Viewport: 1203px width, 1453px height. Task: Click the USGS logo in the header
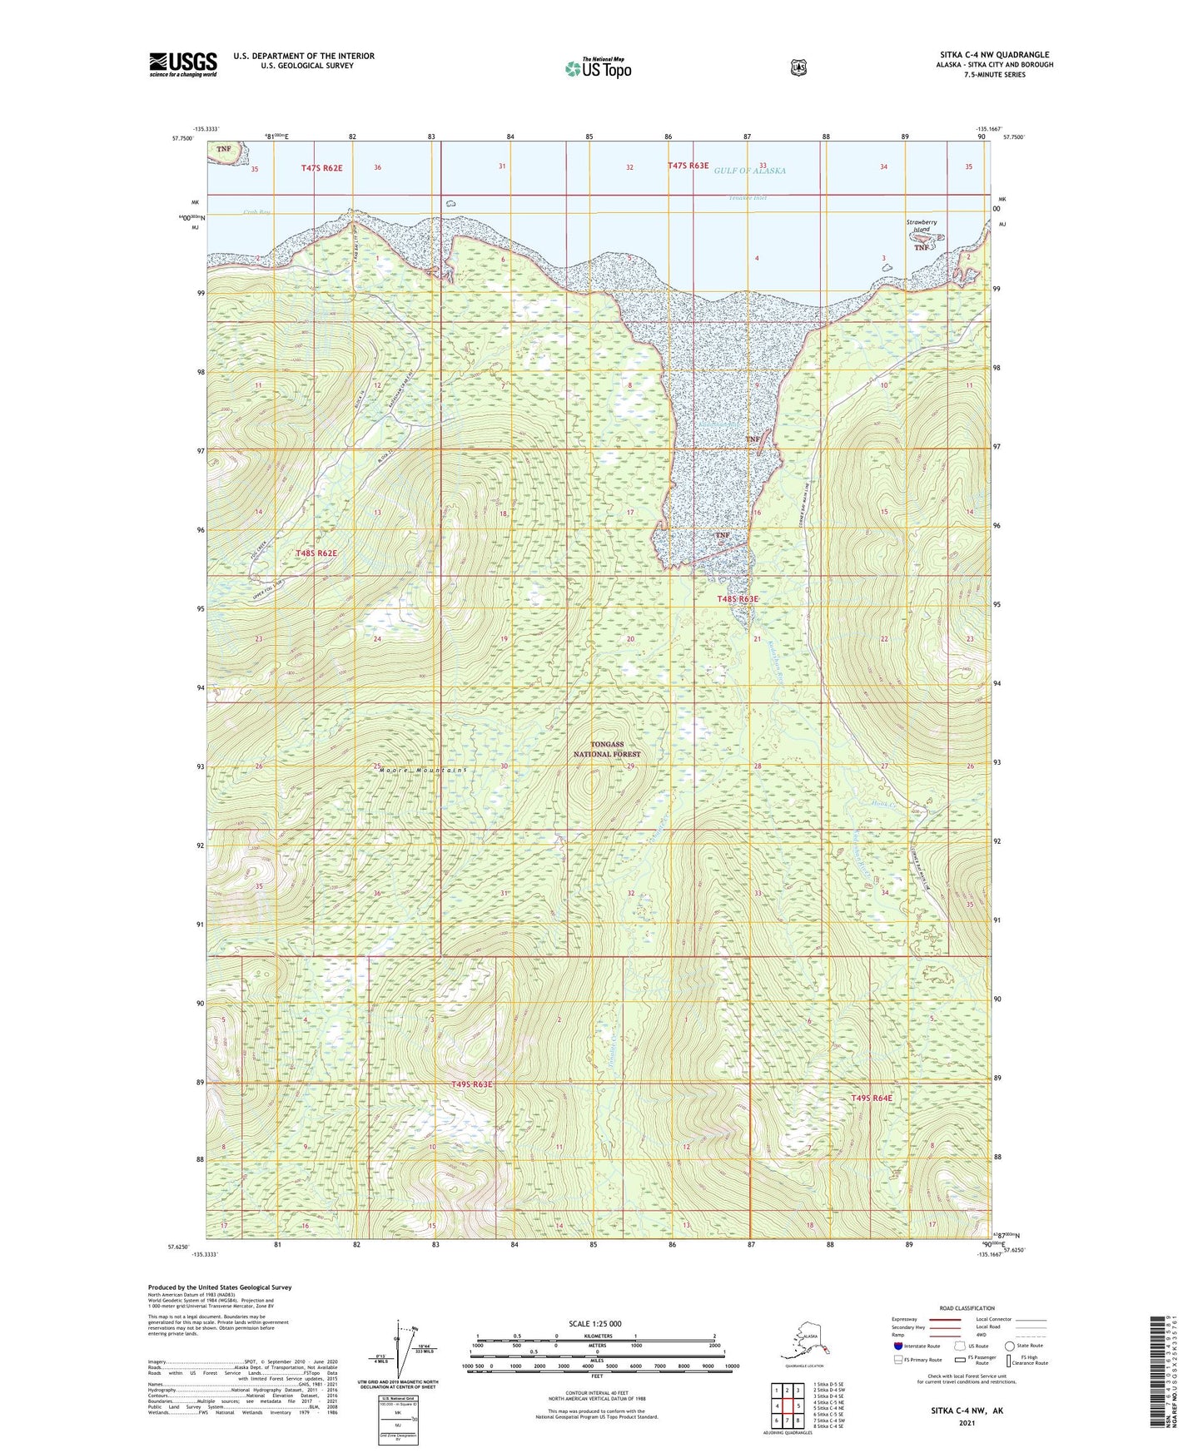[x=182, y=64]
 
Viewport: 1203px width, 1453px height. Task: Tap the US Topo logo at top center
[x=597, y=68]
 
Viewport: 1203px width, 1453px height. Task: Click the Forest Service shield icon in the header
[x=798, y=67]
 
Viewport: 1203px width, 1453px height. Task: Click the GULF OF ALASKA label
[x=749, y=171]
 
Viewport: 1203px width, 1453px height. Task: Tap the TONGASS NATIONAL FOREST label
[x=607, y=749]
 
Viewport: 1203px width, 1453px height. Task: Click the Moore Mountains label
[x=412, y=771]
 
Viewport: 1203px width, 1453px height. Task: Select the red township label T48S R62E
[x=316, y=553]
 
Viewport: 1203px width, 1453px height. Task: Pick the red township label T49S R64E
[x=871, y=1098]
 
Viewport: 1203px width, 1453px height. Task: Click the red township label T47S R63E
[x=688, y=166]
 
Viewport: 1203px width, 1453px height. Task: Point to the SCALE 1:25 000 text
[x=595, y=1323]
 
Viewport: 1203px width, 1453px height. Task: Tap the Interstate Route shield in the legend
[x=897, y=1346]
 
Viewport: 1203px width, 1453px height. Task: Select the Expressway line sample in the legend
[x=945, y=1319]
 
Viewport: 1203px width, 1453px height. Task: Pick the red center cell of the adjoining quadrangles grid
[x=787, y=1406]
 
